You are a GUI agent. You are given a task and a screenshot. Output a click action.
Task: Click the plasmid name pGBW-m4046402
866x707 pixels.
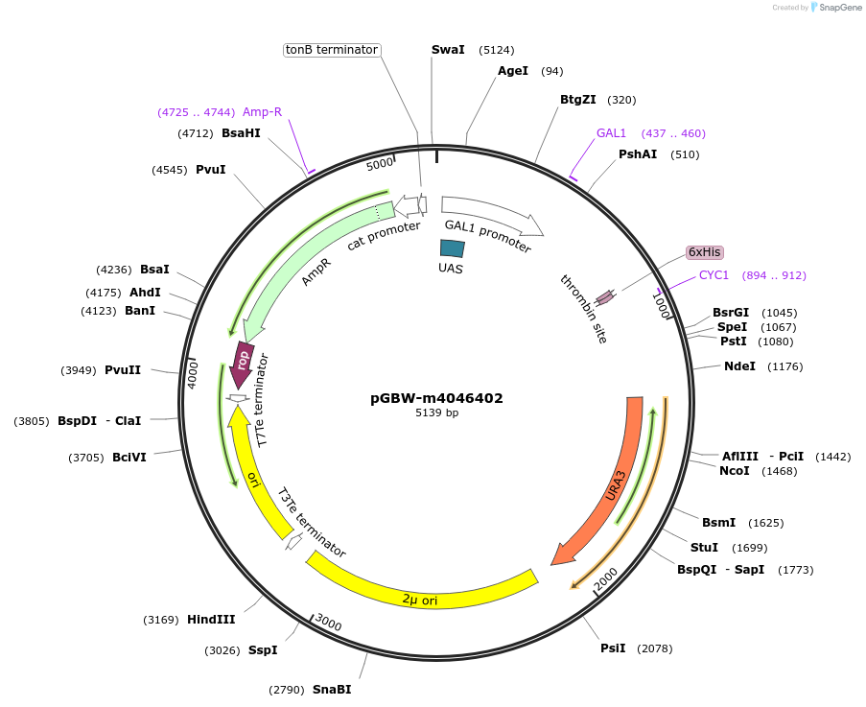(x=436, y=398)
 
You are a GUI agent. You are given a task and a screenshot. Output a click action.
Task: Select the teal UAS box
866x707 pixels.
(x=452, y=247)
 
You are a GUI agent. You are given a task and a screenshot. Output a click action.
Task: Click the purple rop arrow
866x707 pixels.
(x=244, y=363)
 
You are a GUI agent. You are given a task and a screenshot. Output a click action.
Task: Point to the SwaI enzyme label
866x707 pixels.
(x=448, y=49)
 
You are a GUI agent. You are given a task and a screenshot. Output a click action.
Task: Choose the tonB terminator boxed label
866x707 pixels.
(x=332, y=50)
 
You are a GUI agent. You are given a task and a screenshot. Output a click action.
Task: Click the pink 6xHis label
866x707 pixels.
(x=704, y=252)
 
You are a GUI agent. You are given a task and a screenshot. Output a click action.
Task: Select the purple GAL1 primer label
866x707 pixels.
(x=611, y=133)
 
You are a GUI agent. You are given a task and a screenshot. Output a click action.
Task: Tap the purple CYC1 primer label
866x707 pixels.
(x=714, y=275)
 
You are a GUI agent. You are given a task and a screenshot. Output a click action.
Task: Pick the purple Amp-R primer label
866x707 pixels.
(x=262, y=112)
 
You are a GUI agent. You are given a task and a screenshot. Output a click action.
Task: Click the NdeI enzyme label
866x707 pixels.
(x=739, y=366)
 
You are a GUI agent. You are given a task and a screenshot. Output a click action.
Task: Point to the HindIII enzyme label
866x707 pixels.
(x=211, y=620)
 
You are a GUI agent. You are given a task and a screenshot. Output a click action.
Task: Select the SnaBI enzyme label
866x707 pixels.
(x=332, y=689)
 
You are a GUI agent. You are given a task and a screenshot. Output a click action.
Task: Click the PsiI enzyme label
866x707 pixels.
(x=613, y=648)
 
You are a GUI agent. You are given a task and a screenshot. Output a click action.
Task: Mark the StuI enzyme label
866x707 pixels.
(x=704, y=548)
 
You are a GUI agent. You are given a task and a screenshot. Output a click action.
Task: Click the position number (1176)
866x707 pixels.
(x=784, y=366)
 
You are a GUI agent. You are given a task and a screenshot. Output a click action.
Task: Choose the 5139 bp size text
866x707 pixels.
(x=436, y=413)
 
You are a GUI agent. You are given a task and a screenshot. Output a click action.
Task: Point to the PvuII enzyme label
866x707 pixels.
(x=123, y=370)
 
